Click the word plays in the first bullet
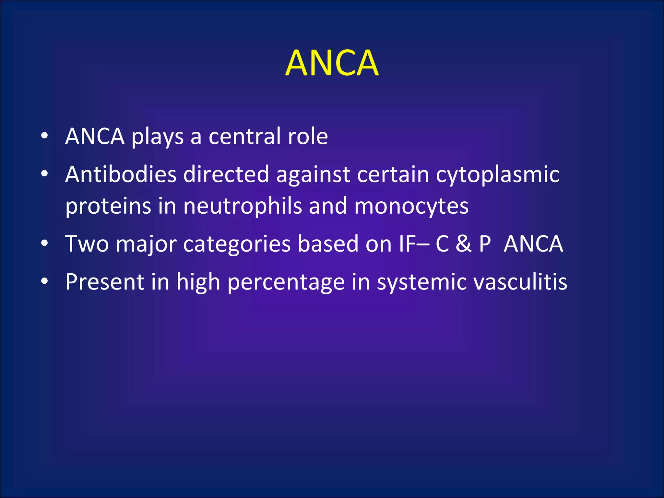tap(158, 137)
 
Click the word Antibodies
tap(121, 174)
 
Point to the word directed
tap(226, 174)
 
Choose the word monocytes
tap(411, 207)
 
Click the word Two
tap(87, 244)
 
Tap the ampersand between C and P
tap(463, 244)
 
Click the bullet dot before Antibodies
tap(44, 174)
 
